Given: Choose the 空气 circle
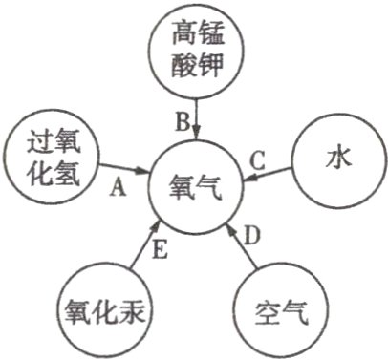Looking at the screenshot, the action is (277, 311).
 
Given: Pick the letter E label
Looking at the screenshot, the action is (161, 251).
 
